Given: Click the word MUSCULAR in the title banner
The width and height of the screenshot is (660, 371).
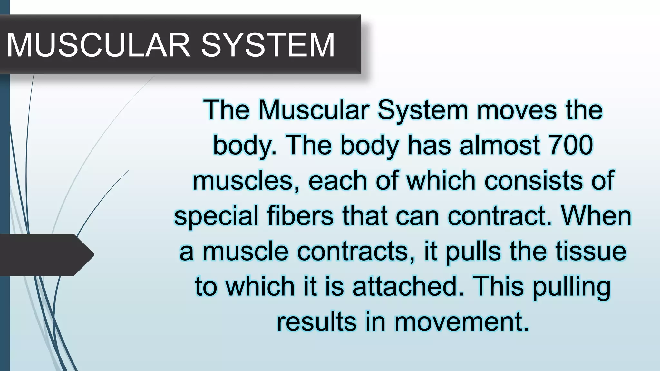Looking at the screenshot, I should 98,45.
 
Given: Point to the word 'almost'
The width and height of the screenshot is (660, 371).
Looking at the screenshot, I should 499,145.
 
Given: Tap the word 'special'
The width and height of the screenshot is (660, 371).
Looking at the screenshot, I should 216,216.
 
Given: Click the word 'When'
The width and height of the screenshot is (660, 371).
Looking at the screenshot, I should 597,216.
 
